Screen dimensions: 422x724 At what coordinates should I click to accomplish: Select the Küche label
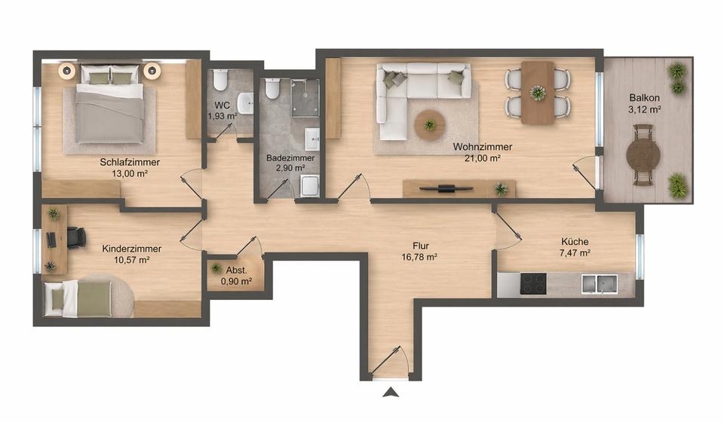575,241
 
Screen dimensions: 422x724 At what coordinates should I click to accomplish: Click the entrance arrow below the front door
390,391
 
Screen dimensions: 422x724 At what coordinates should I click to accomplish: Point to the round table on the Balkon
643,155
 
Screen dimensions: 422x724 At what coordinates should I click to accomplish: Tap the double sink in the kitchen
599,284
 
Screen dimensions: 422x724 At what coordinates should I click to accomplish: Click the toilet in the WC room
220,80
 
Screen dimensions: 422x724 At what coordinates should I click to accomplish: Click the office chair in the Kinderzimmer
75,237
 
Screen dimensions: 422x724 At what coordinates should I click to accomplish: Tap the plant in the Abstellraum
216,268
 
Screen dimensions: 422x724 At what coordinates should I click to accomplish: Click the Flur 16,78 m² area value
421,257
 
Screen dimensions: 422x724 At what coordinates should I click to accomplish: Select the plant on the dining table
538,93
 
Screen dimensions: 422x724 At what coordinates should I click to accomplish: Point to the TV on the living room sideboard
446,187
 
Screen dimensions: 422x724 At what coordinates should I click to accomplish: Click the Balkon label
645,98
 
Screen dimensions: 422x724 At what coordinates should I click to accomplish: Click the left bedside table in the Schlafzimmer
67,72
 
